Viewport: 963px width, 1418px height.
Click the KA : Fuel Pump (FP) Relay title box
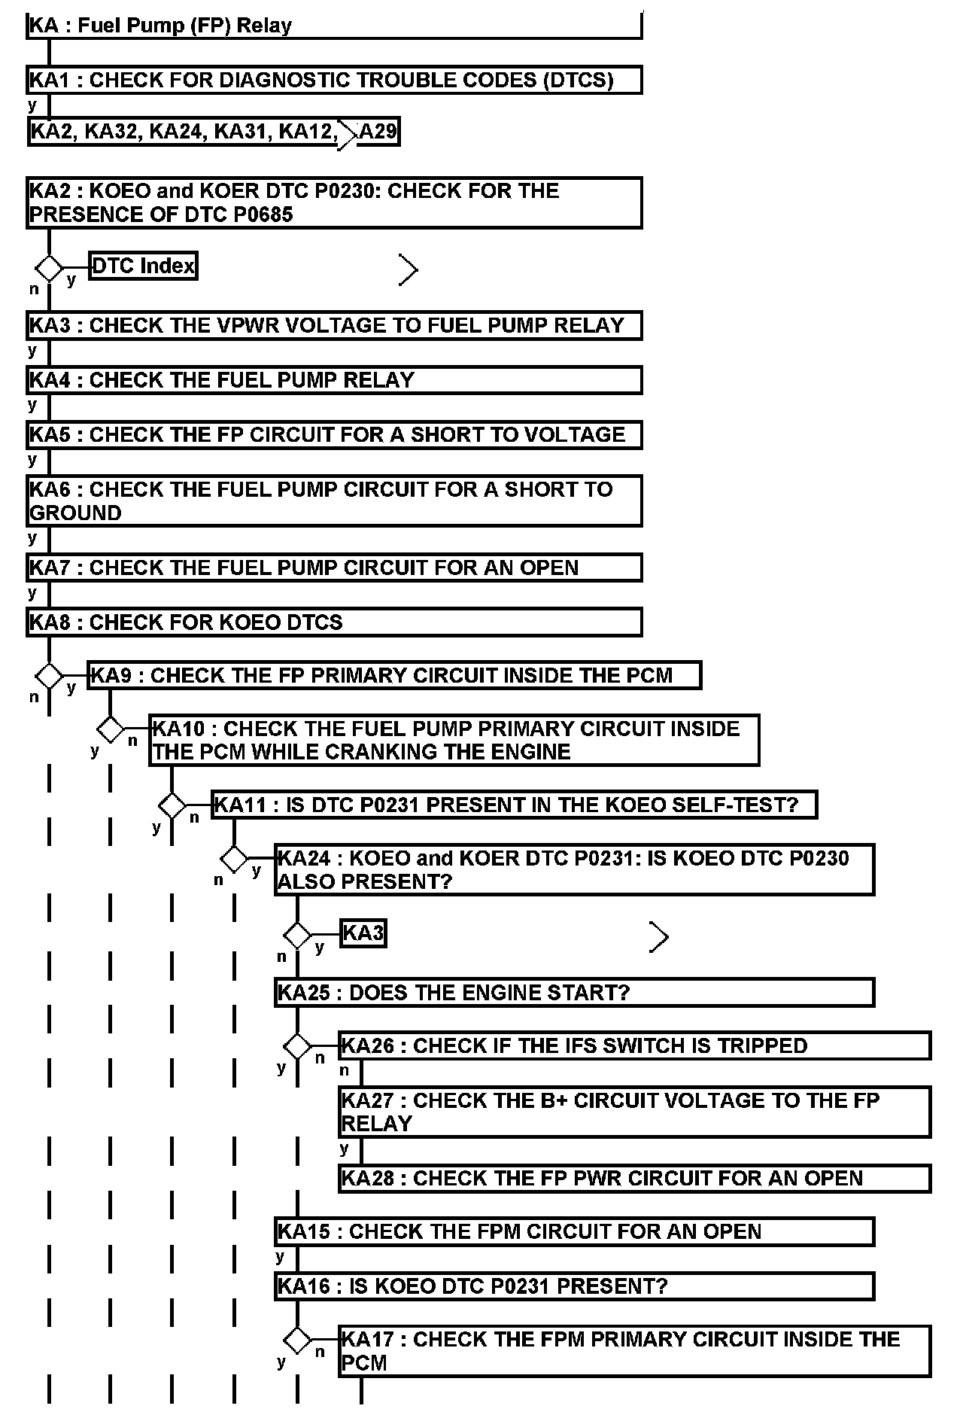click(x=335, y=26)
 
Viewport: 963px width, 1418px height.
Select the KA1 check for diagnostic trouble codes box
click(x=335, y=80)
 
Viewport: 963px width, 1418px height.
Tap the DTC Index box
click(x=143, y=266)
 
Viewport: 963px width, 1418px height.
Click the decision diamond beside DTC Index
click(x=50, y=268)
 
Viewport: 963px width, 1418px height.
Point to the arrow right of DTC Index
click(x=408, y=270)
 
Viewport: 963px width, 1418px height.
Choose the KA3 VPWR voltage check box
click(x=335, y=325)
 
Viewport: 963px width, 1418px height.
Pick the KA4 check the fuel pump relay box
click(x=335, y=380)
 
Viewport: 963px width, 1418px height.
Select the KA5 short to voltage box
click(x=335, y=435)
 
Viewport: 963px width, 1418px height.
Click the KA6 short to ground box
click(x=335, y=501)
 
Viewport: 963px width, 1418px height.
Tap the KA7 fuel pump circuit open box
click(x=335, y=568)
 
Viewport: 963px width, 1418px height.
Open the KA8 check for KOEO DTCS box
click(x=335, y=622)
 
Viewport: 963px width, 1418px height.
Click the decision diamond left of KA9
click(x=50, y=676)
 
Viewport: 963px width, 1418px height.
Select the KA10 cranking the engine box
click(x=454, y=740)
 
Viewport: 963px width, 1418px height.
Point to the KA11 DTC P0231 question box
click(x=514, y=805)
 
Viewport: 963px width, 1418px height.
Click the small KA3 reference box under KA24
click(x=363, y=933)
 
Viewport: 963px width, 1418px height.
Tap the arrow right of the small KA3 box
click(x=659, y=938)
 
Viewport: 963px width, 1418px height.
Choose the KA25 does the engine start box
click(x=575, y=992)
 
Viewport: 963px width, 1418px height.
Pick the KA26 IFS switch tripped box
click(x=635, y=1045)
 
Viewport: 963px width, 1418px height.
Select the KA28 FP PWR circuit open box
click(x=635, y=1178)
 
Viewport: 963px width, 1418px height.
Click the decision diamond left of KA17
click(x=298, y=1340)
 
